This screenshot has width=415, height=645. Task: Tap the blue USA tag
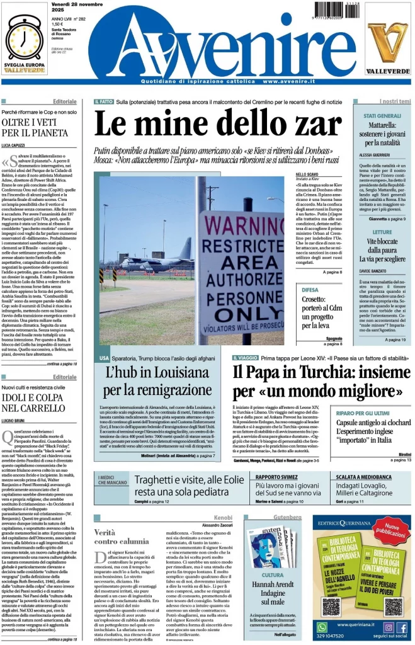(104, 358)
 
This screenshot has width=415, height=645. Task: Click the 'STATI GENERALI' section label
(382, 116)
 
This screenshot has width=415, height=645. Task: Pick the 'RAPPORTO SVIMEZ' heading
(275, 476)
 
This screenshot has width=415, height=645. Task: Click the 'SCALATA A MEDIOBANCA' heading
(363, 476)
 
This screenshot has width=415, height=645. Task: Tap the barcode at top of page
(341, 15)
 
